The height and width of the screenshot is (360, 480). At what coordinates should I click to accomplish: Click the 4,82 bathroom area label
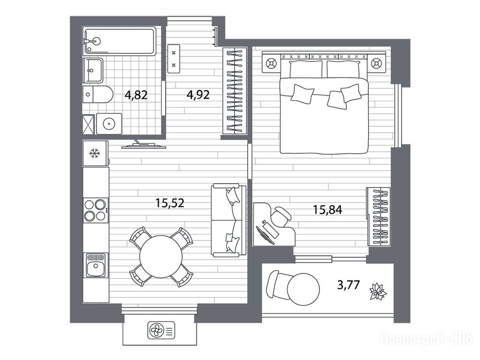tap(136, 95)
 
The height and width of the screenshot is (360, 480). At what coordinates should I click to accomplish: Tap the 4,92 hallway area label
tap(198, 95)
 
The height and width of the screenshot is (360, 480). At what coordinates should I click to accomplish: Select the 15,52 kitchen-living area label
tap(170, 203)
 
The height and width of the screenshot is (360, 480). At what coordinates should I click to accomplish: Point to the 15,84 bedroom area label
tap(327, 210)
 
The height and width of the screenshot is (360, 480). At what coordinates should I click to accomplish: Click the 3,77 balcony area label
tap(348, 285)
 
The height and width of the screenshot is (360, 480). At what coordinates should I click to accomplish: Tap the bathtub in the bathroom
tap(120, 41)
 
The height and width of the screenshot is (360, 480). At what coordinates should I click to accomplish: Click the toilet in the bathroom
tap(98, 95)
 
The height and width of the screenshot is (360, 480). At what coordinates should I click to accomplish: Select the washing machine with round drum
tap(109, 124)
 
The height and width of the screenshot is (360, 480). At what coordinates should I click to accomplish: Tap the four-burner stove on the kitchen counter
tap(96, 210)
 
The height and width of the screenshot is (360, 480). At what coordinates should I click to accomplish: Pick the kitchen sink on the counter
tap(96, 265)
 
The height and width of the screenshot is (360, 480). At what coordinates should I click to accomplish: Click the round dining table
tap(161, 256)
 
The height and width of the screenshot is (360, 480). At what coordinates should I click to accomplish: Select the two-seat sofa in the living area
tap(229, 220)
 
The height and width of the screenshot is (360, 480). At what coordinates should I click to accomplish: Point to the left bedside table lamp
tap(271, 64)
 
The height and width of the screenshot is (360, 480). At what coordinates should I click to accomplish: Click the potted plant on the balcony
tap(378, 292)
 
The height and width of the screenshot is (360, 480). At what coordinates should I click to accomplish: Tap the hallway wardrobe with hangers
tap(235, 91)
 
